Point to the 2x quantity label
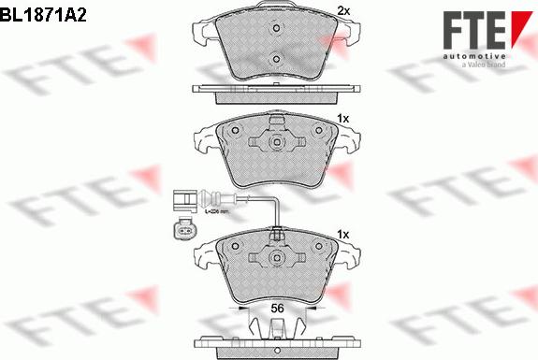pos(342,11)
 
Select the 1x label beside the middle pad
pos(342,119)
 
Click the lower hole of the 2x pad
pos(275,62)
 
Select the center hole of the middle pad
pos(277,143)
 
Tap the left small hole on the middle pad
pos(238,130)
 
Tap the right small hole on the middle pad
pos(317,130)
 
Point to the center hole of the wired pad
pos(277,257)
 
